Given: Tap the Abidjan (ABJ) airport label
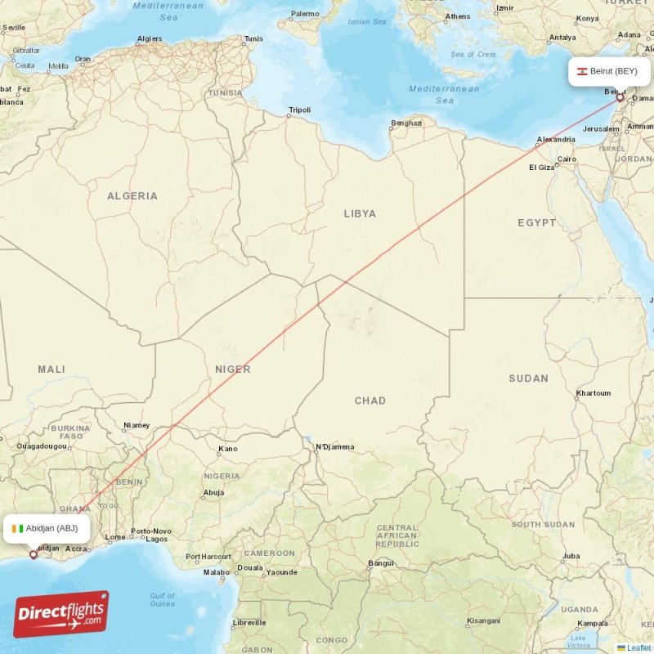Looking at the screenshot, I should pyautogui.click(x=52, y=528).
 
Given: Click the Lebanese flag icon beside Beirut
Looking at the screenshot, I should pyautogui.click(x=583, y=71).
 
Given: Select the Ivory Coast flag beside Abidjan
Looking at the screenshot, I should pyautogui.click(x=19, y=528).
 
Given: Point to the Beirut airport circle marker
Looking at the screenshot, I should pyautogui.click(x=620, y=97).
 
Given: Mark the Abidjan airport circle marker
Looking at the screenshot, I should pyautogui.click(x=34, y=554).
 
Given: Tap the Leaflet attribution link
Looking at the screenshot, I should pyautogui.click(x=638, y=647).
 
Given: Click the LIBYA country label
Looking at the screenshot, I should pyautogui.click(x=360, y=213).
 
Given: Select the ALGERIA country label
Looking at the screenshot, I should pyautogui.click(x=132, y=196).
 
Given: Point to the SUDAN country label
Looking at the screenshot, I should pyautogui.click(x=528, y=379).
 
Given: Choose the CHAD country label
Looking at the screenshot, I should pyautogui.click(x=370, y=401).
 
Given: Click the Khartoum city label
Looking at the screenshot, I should pyautogui.click(x=593, y=393).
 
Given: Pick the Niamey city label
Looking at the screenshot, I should pyautogui.click(x=137, y=425).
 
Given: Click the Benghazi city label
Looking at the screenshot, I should pyautogui.click(x=406, y=123).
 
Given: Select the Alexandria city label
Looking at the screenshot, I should pyautogui.click(x=555, y=140).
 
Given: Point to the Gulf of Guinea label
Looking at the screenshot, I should pyautogui.click(x=163, y=600).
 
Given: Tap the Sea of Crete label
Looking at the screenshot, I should pyautogui.click(x=473, y=54).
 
